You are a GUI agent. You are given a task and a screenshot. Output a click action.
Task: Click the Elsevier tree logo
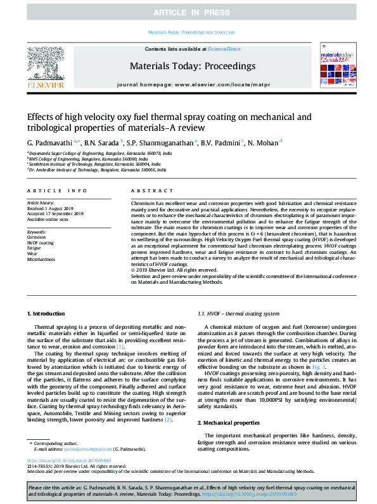[x=45, y=67]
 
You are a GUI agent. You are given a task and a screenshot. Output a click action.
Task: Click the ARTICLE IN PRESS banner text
[x=188, y=13]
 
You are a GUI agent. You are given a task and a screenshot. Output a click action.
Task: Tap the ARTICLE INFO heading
[x=57, y=190]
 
